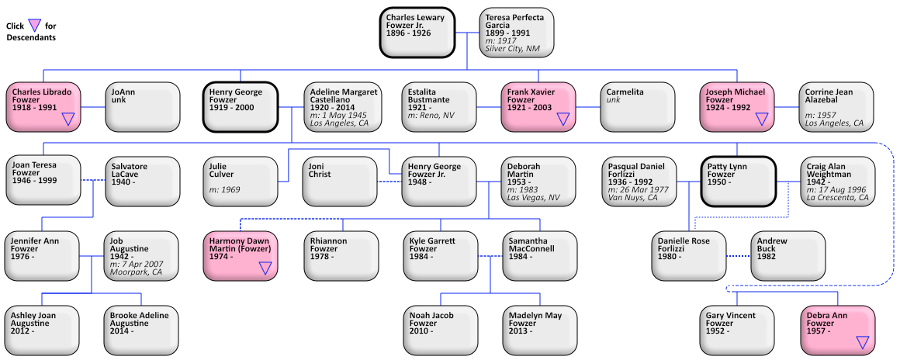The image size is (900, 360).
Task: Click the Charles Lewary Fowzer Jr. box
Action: tap(417, 33)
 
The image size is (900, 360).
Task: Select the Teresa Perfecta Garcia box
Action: tap(517, 33)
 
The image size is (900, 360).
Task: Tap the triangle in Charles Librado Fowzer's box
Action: tap(68, 119)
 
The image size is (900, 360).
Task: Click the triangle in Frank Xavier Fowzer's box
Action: tap(563, 119)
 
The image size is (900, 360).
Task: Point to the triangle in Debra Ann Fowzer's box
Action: tap(861, 342)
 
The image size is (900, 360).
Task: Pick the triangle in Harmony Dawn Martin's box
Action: tap(265, 268)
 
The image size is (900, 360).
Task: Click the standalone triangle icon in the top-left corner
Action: tap(34, 25)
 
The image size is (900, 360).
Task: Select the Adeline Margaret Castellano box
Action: tap(341, 107)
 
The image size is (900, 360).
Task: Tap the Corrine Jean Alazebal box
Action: tap(836, 107)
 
